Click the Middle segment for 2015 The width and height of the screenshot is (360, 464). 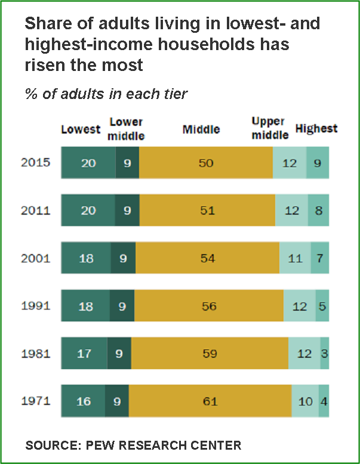point(206,163)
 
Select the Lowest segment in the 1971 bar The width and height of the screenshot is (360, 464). point(83,401)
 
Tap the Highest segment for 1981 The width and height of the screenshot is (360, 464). point(324,354)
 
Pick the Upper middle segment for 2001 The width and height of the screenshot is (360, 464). point(295,258)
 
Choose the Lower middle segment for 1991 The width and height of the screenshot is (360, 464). point(122,306)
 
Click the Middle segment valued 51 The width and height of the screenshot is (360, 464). point(207,211)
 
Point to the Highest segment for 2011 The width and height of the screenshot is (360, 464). point(318,211)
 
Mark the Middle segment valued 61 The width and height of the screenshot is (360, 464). point(210,401)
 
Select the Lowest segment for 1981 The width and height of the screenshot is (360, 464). point(84,354)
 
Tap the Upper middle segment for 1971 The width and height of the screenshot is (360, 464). point(305,401)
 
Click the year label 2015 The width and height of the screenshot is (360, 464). point(35,163)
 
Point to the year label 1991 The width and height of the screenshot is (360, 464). point(35,306)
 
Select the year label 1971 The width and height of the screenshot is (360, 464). point(35,401)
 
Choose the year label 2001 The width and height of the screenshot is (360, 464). point(35,258)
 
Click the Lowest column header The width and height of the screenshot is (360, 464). point(81,129)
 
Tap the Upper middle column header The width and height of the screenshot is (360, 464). point(270,129)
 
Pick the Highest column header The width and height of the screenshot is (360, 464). point(316,129)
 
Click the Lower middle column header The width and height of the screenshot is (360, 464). point(127,129)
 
